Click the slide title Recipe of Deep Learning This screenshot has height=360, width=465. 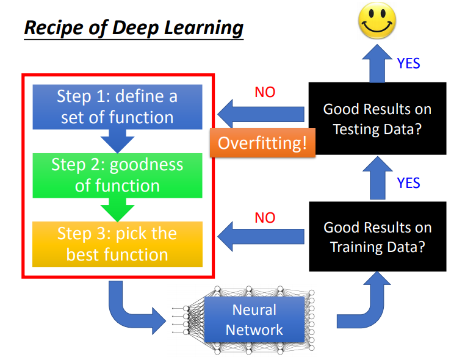point(134,27)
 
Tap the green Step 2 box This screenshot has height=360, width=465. point(117,175)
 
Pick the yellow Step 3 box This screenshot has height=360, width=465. point(117,243)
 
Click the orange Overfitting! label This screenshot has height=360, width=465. point(262,143)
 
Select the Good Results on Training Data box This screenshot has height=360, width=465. point(377,237)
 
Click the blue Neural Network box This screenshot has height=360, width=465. point(254,320)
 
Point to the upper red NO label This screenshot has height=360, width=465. point(265,93)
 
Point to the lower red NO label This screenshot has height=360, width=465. point(265,218)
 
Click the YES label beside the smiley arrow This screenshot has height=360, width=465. point(408,63)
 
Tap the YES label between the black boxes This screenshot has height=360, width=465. point(408,182)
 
